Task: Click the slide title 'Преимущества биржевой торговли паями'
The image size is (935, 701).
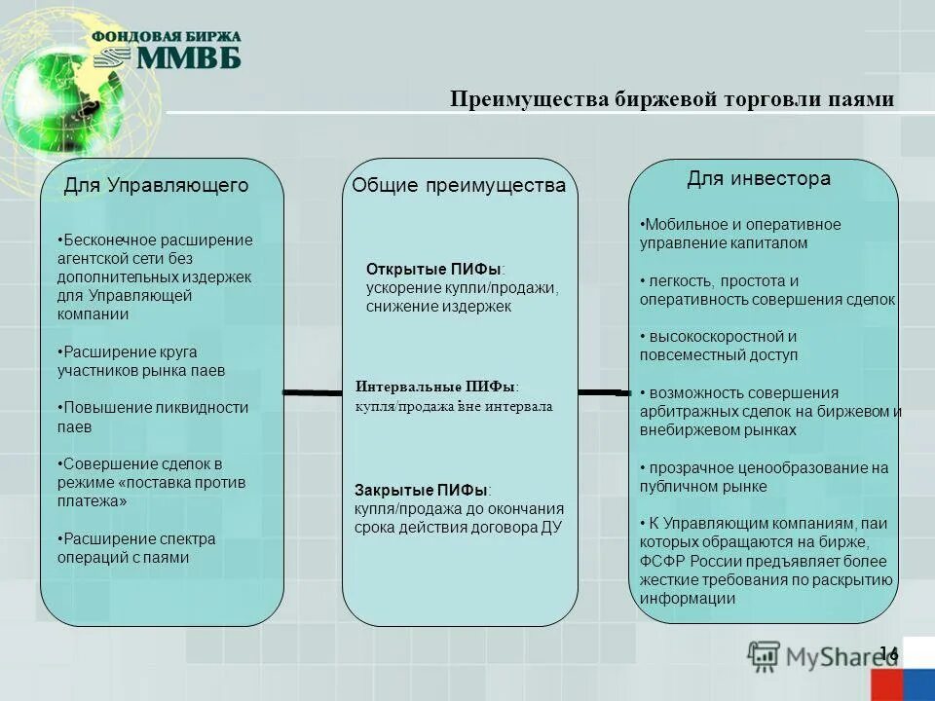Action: click(x=672, y=100)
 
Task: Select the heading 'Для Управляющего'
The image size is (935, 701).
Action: click(x=157, y=185)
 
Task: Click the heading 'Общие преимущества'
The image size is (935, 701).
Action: click(x=459, y=185)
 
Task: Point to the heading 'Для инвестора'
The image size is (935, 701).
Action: click(x=759, y=179)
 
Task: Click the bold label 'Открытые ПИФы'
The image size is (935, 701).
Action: click(x=435, y=269)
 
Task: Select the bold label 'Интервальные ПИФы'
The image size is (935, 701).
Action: click(x=435, y=387)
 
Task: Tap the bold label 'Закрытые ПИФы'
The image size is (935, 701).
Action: click(x=422, y=490)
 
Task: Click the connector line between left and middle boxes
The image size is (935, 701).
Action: click(x=313, y=392)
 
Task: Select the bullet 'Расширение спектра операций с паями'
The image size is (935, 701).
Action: click(x=135, y=548)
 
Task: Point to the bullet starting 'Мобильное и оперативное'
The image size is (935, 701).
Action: click(x=740, y=234)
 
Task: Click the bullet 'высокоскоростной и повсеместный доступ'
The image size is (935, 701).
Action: click(x=719, y=346)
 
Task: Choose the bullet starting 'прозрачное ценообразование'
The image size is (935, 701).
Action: click(x=765, y=477)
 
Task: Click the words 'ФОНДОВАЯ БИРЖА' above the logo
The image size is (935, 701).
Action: click(x=167, y=36)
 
